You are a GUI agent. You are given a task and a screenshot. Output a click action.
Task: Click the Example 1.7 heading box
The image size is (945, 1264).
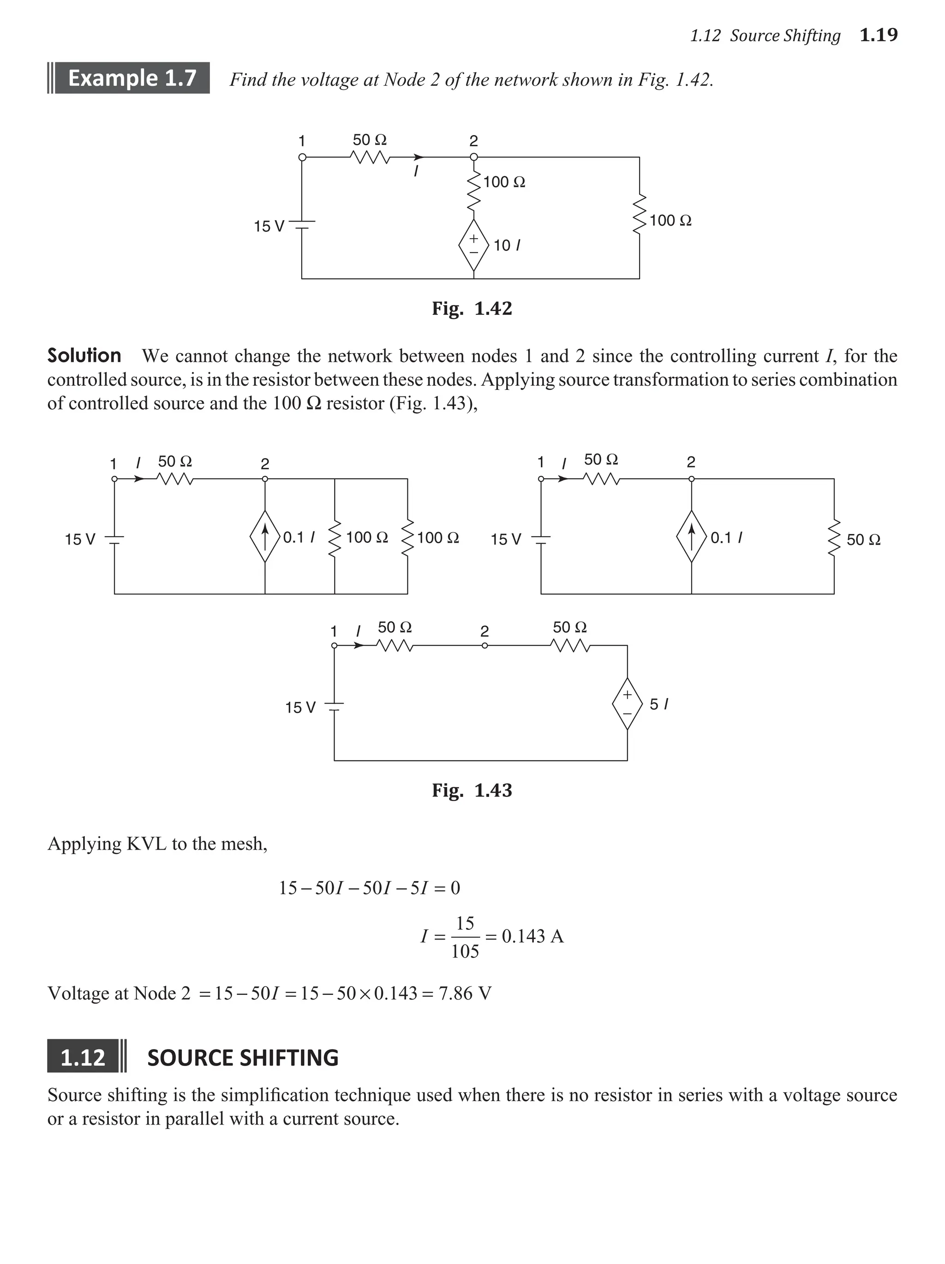pos(132,78)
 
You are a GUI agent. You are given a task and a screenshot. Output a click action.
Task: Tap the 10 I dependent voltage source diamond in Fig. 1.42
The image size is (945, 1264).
pos(473,245)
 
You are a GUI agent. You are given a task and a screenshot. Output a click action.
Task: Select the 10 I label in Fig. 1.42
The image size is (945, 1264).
pos(506,246)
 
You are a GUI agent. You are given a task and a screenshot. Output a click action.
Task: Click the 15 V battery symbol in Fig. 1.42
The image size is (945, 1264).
pos(302,225)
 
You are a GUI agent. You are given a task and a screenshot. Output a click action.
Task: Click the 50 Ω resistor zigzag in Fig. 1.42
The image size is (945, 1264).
pos(370,157)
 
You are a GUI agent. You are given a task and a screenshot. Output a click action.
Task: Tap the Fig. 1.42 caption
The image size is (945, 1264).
pos(472,309)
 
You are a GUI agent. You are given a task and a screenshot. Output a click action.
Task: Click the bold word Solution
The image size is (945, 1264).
pos(84,355)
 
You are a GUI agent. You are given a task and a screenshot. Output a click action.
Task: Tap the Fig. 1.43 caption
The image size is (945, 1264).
pos(472,790)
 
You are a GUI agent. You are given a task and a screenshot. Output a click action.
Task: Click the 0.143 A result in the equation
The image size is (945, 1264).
pos(532,936)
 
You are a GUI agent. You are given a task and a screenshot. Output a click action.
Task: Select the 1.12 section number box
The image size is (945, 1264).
pos(83,1057)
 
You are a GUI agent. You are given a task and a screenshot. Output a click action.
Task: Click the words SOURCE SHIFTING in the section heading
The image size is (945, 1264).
pos(243,1058)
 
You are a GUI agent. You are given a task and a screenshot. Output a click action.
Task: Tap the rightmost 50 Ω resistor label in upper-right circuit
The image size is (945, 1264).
pos(863,539)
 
